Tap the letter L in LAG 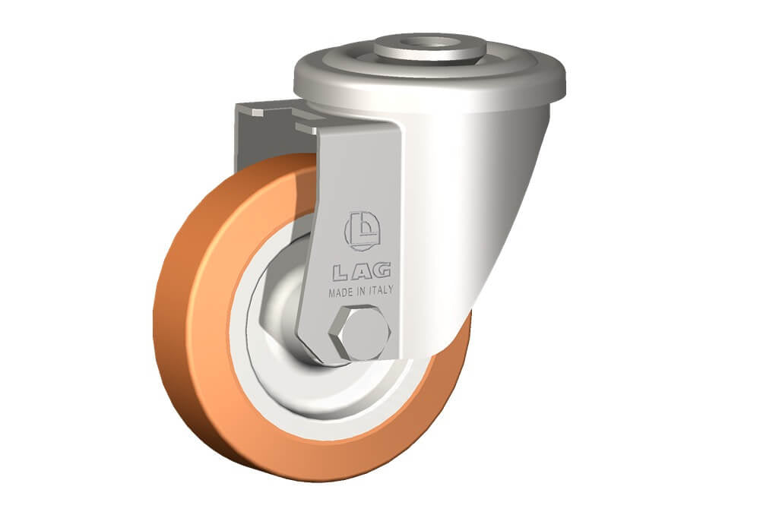[340, 273]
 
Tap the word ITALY [382, 290]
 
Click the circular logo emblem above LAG [362, 231]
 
